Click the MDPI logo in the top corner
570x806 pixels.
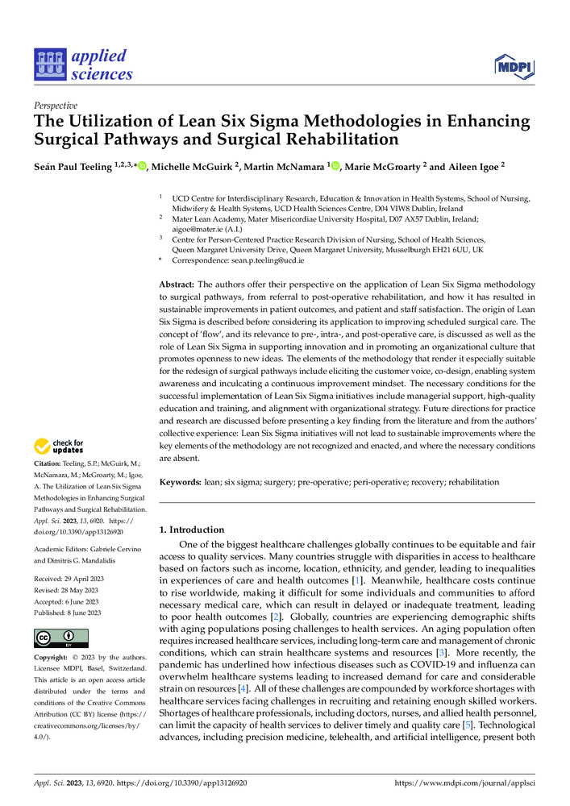click(x=514, y=67)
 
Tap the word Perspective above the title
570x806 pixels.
click(x=55, y=106)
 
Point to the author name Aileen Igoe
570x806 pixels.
click(x=481, y=166)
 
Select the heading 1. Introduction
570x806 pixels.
click(x=192, y=530)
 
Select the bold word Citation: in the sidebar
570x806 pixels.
click(x=48, y=466)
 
